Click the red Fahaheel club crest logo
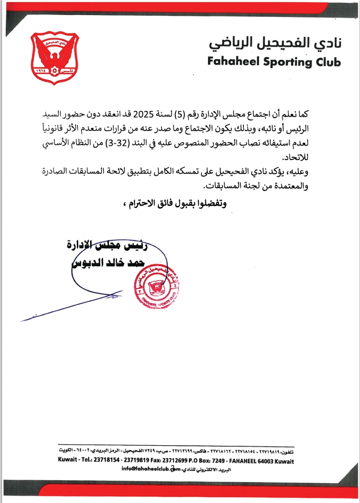[x=55, y=58]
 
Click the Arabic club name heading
[x=275, y=43]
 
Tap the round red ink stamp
[x=157, y=287]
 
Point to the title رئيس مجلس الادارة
[x=107, y=246]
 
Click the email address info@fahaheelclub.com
[x=151, y=469]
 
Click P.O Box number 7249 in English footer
[x=218, y=460]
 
